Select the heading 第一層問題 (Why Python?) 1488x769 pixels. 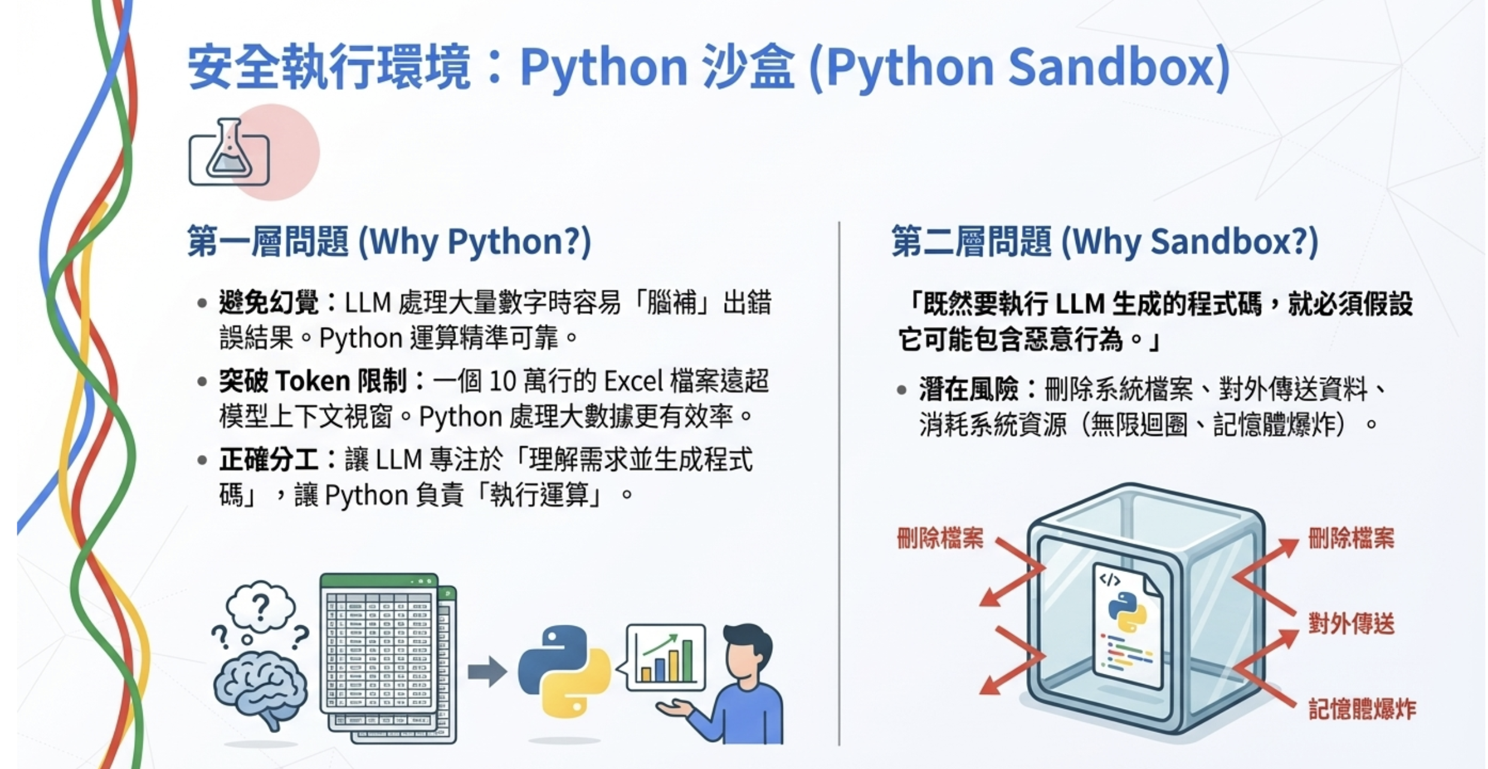click(389, 241)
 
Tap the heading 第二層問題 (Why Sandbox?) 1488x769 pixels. click(1105, 241)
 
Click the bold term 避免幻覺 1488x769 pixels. click(268, 302)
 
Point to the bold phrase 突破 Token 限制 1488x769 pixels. click(313, 381)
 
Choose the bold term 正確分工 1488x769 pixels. click(268, 460)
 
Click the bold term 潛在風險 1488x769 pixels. click(969, 389)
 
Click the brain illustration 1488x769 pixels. click(261, 689)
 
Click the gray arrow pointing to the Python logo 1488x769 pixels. click(486, 671)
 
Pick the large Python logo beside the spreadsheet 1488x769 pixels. click(563, 671)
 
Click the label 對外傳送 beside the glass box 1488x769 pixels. click(1351, 624)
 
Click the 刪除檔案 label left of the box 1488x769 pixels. click(940, 538)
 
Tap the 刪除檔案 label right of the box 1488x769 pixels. click(1351, 538)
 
